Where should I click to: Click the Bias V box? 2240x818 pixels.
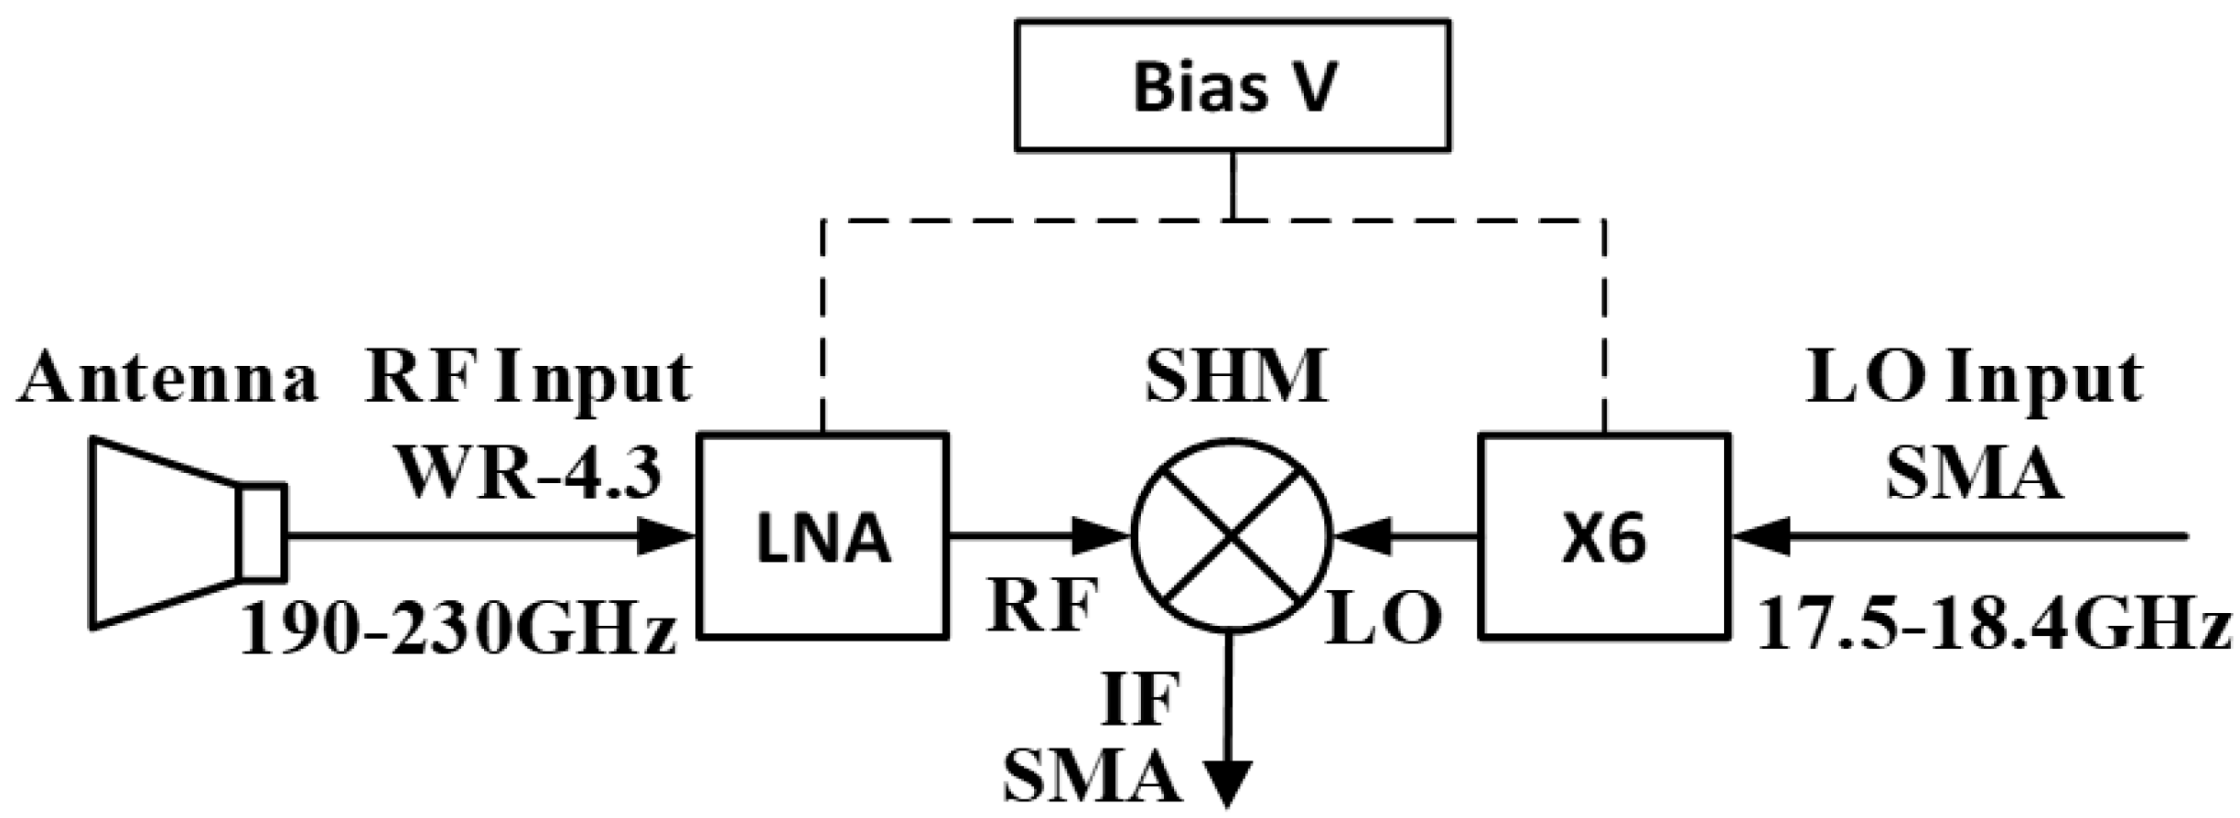pyautogui.click(x=1232, y=86)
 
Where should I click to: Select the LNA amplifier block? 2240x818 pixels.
pyautogui.click(x=822, y=536)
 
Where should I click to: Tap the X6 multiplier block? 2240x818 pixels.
pyautogui.click(x=1605, y=536)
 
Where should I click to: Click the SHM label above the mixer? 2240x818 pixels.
pyautogui.click(x=1235, y=377)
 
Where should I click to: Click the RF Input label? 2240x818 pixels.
pyautogui.click(x=529, y=377)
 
